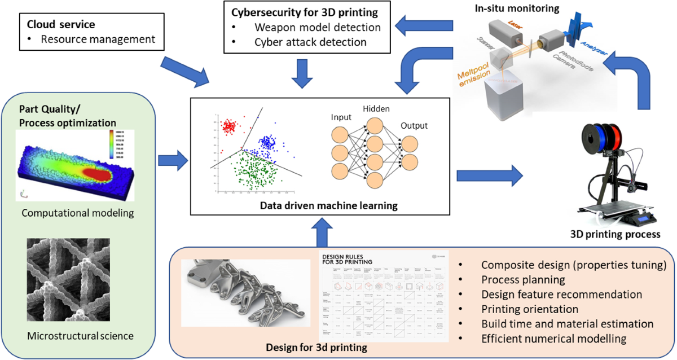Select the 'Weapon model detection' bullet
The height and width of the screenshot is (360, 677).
point(318,27)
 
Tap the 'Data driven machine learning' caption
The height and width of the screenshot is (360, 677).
point(328,205)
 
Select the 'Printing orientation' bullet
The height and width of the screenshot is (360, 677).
point(530,309)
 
